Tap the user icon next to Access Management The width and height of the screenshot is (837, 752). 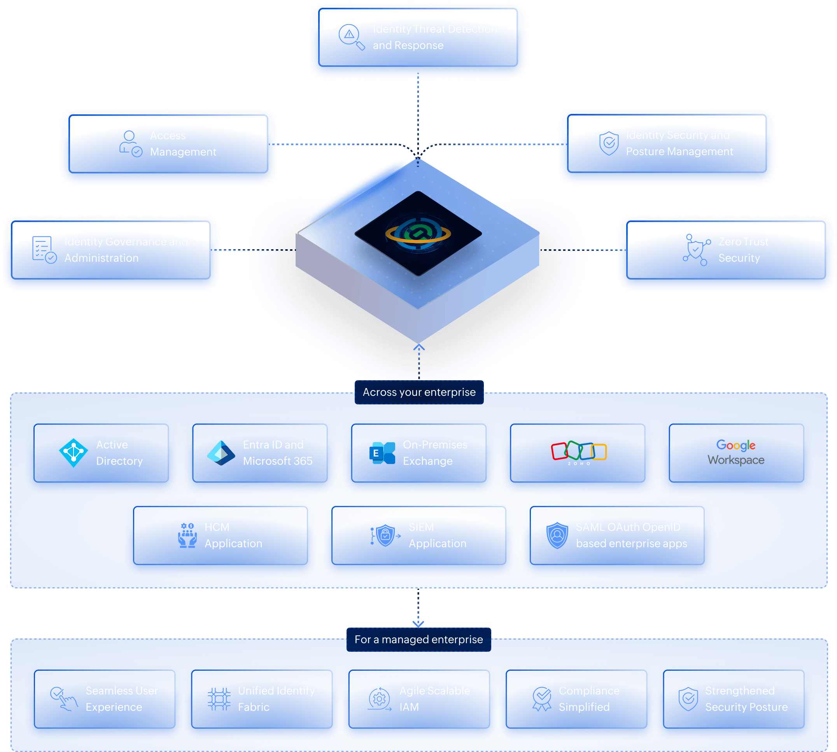pos(131,144)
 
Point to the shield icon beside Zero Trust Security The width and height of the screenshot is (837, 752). pos(696,250)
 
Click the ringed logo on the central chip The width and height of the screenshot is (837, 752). pos(418,233)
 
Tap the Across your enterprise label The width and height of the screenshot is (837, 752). pos(419,392)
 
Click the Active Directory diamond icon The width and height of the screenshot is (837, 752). pos(74,453)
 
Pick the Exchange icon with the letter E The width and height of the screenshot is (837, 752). pos(382,453)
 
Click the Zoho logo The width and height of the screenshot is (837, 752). pos(579,453)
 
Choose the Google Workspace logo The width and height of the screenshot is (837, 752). pos(736,453)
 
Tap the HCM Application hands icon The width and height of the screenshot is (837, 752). pos(187,535)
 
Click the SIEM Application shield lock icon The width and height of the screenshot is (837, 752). pos(385,535)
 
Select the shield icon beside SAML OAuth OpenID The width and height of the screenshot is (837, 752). pos(557,535)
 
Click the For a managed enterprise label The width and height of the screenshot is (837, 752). pos(418,640)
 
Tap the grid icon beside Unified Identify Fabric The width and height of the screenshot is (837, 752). pos(219,699)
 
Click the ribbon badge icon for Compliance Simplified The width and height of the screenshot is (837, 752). pos(541,699)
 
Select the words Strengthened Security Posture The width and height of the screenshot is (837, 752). pos(746,699)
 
